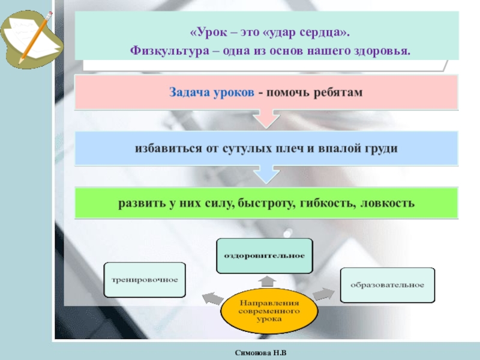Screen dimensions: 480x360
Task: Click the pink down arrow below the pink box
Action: point(266,118)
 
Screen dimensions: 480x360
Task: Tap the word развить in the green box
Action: point(141,203)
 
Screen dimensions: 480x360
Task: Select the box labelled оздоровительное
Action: point(265,256)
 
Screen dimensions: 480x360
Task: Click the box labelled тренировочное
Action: point(145,280)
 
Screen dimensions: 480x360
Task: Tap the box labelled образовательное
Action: point(387,284)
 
